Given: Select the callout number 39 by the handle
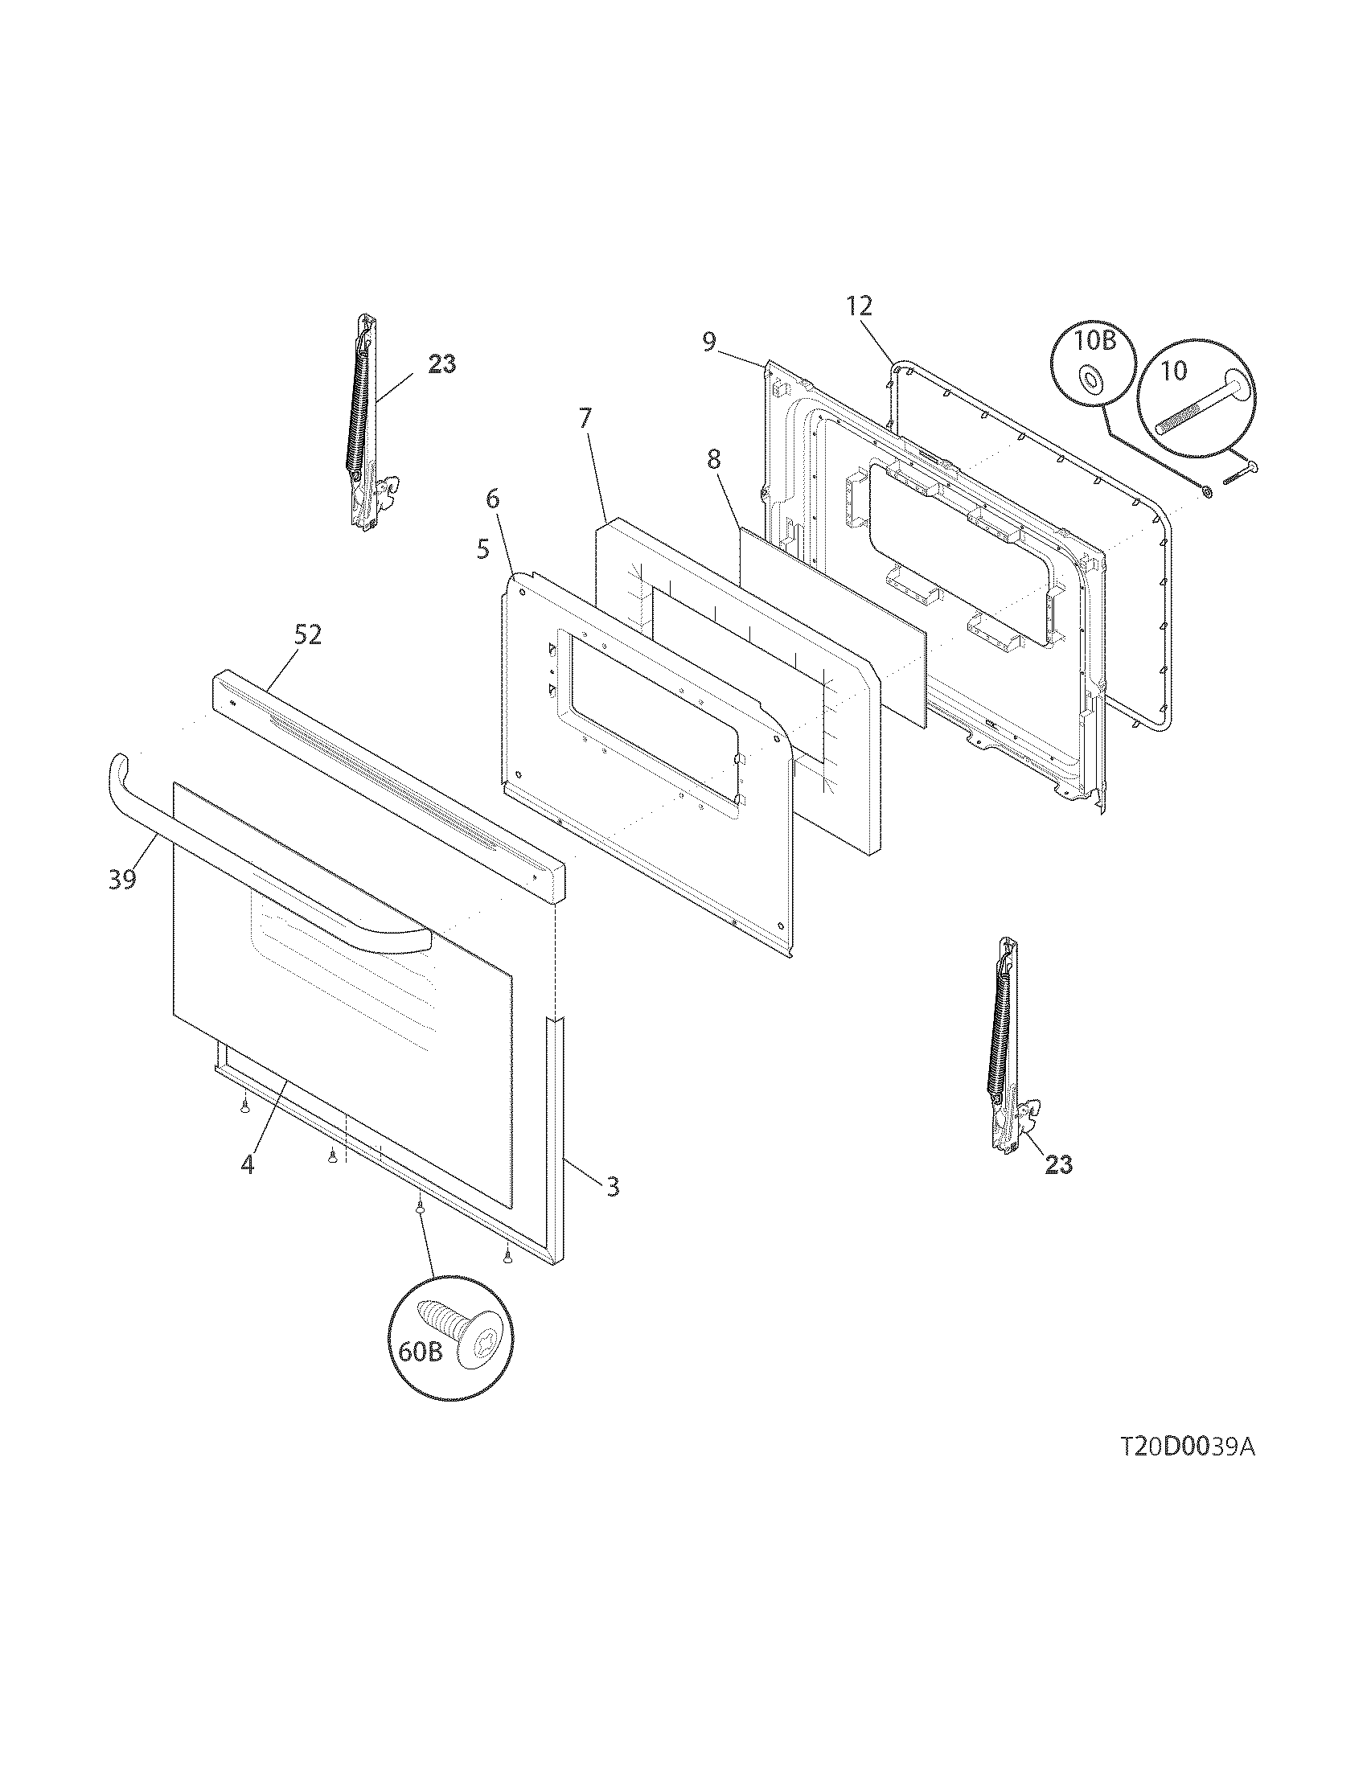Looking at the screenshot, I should [x=122, y=880].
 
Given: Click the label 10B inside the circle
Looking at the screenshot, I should [x=1094, y=341].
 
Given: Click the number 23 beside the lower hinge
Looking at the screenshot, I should [x=1058, y=1165].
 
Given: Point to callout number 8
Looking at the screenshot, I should [x=712, y=460].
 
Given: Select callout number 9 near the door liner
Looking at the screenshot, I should [x=708, y=342].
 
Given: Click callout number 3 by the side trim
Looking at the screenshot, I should [x=612, y=1188].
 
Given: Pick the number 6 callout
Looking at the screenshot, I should [x=491, y=500].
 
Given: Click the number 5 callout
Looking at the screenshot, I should [x=482, y=550].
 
